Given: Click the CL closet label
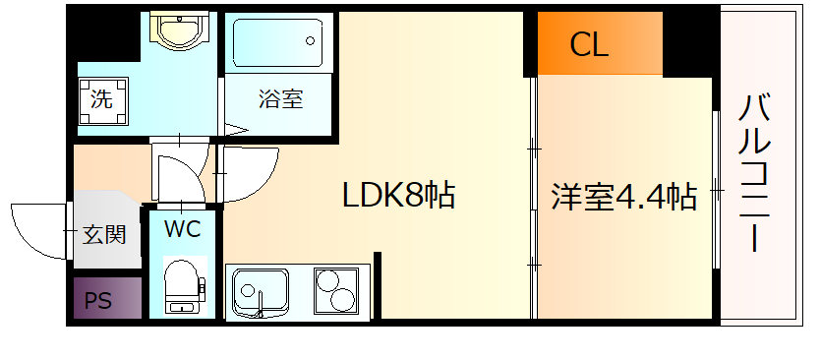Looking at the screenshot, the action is click(589, 44).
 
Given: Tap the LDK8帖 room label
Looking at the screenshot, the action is click(397, 196).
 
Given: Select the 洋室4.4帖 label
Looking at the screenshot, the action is click(623, 197).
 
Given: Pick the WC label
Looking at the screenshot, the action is click(182, 230).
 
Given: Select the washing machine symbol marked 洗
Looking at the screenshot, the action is click(102, 99).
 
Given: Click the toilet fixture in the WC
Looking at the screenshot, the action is click(183, 284).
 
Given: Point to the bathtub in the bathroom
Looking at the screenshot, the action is click(278, 42).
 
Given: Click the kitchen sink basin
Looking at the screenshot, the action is click(261, 293).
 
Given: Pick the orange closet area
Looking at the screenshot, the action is click(600, 44).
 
